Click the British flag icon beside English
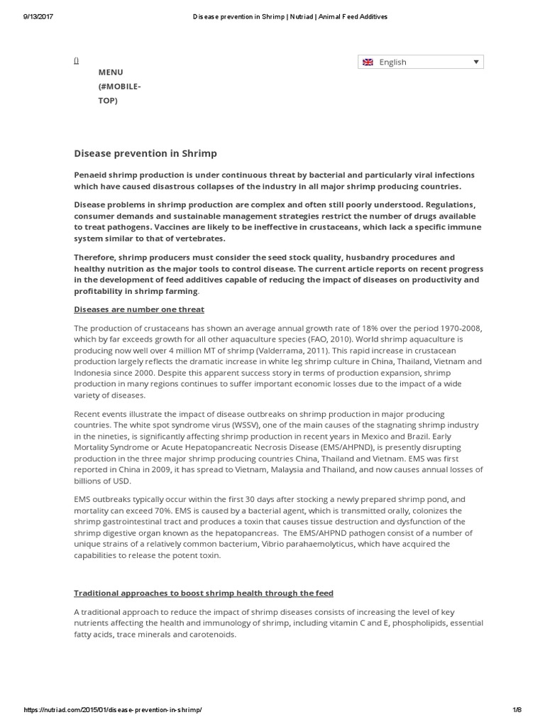tap(368, 62)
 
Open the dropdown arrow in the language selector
tap(475, 62)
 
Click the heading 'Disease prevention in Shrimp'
tap(145, 153)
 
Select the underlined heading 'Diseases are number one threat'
tap(139, 309)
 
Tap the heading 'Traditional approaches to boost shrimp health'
tap(204, 593)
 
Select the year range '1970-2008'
tap(456, 327)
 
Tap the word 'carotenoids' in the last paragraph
tap(211, 634)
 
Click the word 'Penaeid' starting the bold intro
tap(92, 175)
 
